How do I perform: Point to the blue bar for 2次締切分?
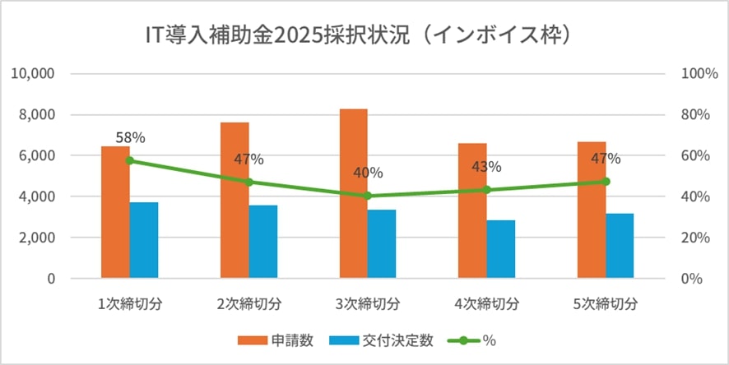[x=263, y=242]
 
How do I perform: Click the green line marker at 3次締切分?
[x=368, y=196]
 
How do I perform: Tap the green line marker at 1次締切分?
[x=130, y=160]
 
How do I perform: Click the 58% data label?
[x=130, y=138]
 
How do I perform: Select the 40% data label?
[x=368, y=173]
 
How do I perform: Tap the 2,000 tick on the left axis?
[x=37, y=238]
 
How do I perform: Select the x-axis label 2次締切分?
[x=248, y=303]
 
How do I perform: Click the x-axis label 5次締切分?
[x=606, y=303]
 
